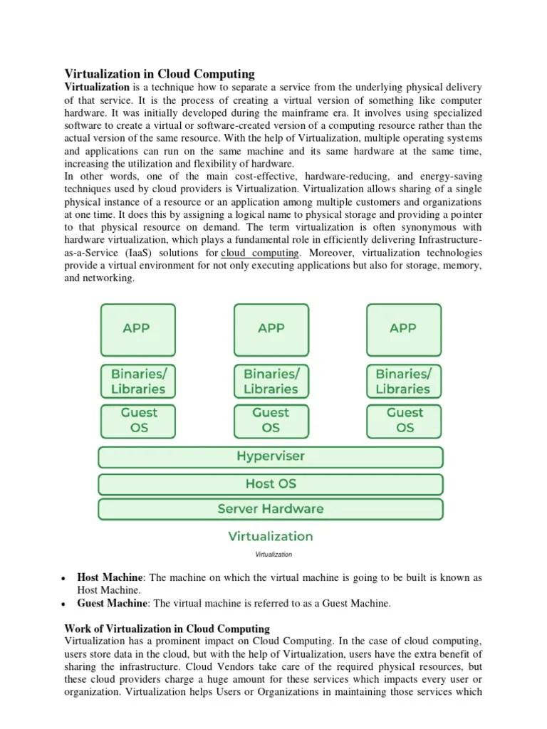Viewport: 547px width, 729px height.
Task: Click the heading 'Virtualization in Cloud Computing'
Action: (x=160, y=73)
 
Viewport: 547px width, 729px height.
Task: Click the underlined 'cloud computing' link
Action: (x=261, y=253)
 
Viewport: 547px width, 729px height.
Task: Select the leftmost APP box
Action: (x=137, y=329)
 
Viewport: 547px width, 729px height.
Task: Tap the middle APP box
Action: (x=271, y=329)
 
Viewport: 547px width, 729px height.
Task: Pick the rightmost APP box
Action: (x=403, y=329)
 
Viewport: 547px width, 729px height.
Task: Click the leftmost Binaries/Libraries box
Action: (x=137, y=381)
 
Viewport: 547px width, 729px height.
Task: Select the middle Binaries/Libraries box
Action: (x=271, y=381)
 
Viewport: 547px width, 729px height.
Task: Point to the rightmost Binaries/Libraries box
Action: (x=403, y=381)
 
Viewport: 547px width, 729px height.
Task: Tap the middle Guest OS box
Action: (x=271, y=420)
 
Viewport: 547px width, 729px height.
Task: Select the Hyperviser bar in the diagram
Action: (x=270, y=457)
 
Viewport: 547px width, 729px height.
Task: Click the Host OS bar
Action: (x=270, y=483)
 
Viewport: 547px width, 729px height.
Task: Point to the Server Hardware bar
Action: (x=270, y=509)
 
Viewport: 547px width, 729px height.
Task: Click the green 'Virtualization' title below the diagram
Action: (x=270, y=536)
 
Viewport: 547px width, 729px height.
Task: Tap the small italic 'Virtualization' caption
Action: (x=273, y=554)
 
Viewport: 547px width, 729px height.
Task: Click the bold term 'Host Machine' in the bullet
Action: (x=110, y=578)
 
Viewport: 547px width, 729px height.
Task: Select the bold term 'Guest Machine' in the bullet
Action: (x=113, y=603)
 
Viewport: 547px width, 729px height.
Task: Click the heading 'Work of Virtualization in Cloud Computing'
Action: (x=167, y=629)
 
